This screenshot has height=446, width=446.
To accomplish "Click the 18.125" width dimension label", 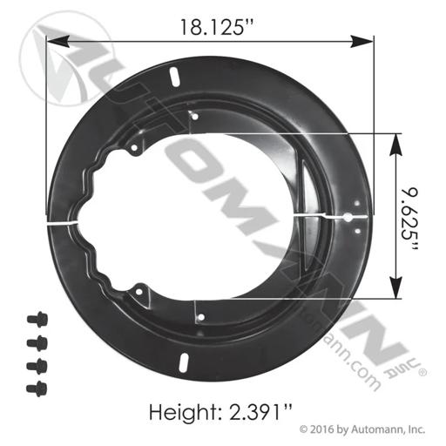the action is tap(217, 28).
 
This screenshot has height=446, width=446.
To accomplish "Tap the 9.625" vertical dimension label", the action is tap(409, 220).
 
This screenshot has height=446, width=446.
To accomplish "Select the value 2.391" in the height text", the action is tap(260, 411).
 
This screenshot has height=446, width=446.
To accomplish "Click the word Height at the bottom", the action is tap(184, 411).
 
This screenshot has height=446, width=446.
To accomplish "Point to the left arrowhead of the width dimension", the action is tap(58, 41).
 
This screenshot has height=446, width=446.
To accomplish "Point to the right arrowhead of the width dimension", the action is tap(362, 41).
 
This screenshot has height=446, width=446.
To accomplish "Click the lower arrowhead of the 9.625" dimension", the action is tap(395, 287).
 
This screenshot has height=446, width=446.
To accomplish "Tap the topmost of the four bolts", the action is tap(37, 320).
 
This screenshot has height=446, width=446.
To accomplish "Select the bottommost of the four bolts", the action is tap(37, 389).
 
